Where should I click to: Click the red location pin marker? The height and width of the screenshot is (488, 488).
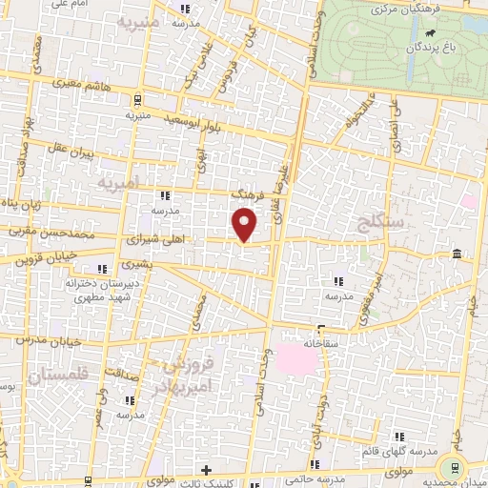point(245,224)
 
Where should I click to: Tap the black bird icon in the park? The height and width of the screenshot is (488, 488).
point(432,45)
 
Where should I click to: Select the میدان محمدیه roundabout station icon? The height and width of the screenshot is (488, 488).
point(453,467)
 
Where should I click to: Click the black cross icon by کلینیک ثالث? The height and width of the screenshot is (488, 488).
point(206,470)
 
